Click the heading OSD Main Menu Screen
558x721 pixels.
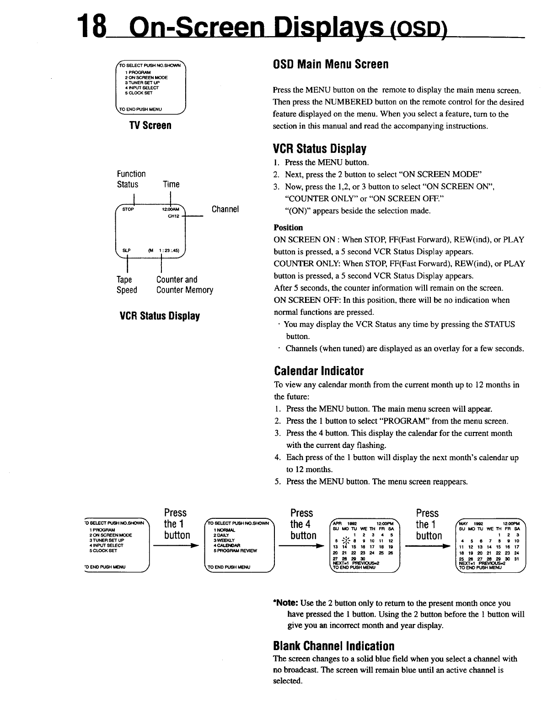(330, 65)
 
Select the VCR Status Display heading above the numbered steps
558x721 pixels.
(320, 149)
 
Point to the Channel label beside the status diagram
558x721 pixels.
(225, 210)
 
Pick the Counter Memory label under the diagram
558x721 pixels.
(184, 290)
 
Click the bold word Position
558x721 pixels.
(288, 227)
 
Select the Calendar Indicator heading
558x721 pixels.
(318, 370)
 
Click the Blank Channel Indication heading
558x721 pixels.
(333, 646)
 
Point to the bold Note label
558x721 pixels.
(285, 603)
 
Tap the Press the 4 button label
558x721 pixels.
(303, 524)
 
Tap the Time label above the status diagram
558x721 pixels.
(171, 184)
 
